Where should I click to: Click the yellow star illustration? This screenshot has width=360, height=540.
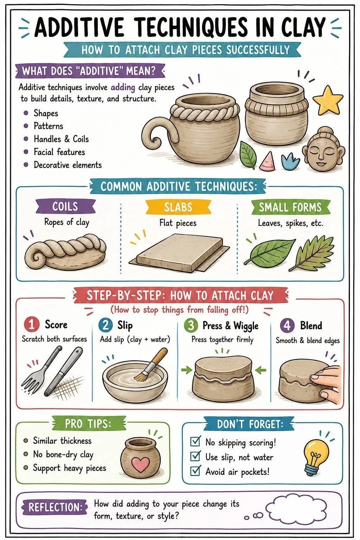click(x=328, y=101)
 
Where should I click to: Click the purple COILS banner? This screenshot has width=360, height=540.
click(x=65, y=207)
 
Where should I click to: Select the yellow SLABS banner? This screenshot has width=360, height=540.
click(x=178, y=207)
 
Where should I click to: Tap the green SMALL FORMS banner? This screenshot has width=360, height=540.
click(x=290, y=207)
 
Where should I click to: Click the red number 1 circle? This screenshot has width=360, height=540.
click(x=32, y=325)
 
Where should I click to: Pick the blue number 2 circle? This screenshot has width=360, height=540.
click(x=105, y=326)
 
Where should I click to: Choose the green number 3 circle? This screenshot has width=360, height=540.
click(x=191, y=326)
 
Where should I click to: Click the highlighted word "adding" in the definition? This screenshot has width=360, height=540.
click(x=123, y=87)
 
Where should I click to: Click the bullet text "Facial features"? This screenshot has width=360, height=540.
click(x=59, y=152)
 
